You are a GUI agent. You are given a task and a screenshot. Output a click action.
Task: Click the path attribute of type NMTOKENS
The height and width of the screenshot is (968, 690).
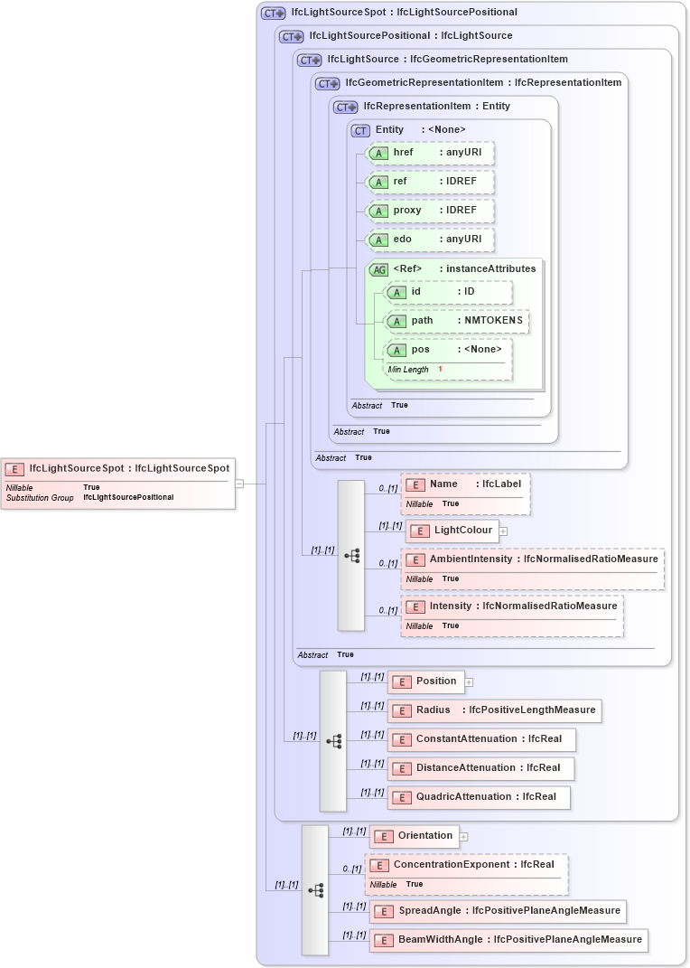point(457,321)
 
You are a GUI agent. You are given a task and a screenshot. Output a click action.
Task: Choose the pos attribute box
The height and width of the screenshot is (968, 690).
point(448,350)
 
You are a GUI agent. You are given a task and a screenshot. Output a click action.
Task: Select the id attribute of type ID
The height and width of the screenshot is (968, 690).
point(448,292)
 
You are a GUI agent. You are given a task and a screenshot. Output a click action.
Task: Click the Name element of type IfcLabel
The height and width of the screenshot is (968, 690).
point(466,484)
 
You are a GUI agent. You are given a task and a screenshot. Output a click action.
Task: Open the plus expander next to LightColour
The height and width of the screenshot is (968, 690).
point(503,531)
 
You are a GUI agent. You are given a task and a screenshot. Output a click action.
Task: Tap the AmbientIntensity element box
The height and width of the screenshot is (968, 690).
point(533,559)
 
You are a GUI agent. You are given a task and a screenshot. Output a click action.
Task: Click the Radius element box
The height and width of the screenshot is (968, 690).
point(495,710)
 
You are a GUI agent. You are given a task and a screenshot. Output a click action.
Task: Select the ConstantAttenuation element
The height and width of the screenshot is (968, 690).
point(481,739)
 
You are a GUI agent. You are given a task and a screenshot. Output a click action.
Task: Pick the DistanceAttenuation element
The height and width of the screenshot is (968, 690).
point(480,768)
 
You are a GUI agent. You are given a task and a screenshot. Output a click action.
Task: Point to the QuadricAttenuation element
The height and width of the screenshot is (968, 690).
point(479,797)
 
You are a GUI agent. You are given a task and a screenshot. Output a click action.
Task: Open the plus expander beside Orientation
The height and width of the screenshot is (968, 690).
point(463,836)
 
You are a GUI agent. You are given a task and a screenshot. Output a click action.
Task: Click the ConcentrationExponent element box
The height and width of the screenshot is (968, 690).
point(466,865)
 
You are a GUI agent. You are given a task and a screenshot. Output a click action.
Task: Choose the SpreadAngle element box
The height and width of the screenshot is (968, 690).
point(498,911)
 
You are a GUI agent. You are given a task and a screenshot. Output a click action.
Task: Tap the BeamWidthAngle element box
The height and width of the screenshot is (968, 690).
point(508,940)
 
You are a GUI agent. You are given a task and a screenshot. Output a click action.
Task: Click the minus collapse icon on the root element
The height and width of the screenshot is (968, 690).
point(239,484)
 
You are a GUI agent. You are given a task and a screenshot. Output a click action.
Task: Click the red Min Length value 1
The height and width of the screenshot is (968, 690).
point(440,370)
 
